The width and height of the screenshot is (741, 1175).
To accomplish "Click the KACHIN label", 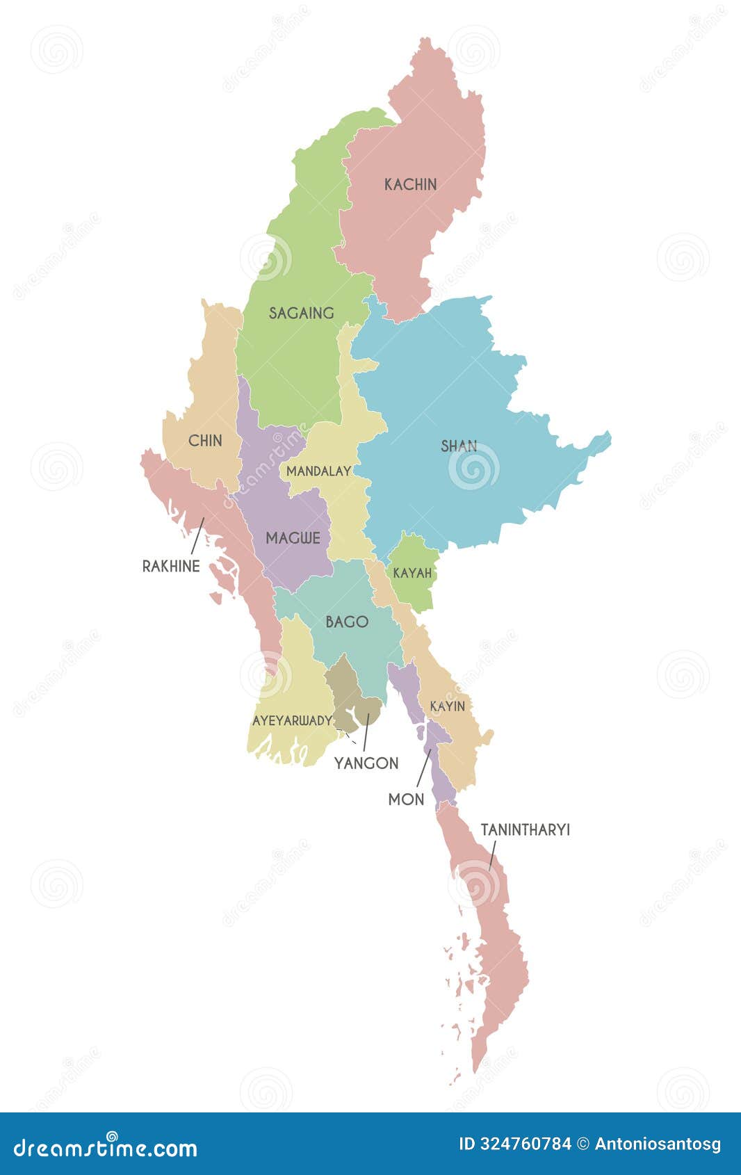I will tap(411, 184).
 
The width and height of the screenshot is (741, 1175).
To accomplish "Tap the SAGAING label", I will tap(301, 313).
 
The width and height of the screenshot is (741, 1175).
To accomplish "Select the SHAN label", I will tap(459, 446).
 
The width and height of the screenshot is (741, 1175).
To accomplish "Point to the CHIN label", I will tap(205, 440).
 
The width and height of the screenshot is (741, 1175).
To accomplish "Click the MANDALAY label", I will tap(318, 471).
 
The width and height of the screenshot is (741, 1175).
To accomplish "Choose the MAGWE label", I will tap(293, 537).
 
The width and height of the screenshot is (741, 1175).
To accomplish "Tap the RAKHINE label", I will tap(171, 566).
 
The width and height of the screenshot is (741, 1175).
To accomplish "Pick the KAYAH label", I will tap(412, 574).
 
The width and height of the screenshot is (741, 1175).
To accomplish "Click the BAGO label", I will tap(347, 622).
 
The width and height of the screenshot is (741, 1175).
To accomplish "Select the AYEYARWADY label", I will tap(292, 721).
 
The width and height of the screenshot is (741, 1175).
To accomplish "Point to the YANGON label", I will tap(366, 763).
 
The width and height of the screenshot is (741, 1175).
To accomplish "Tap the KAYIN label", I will tap(447, 706).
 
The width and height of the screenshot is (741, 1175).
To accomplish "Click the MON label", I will tap(406, 800).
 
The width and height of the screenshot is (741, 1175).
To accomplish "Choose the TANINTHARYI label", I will tap(525, 830).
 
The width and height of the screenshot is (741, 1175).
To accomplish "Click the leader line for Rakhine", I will tap(197, 535).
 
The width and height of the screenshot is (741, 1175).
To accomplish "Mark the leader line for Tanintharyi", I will tap(491, 855).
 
